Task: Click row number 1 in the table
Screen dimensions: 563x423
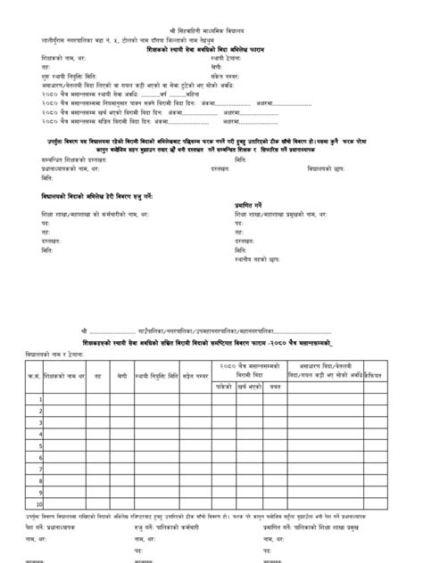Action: [40, 398]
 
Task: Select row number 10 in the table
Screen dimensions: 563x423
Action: [39, 503]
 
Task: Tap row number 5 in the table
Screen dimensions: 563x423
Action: [40, 445]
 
